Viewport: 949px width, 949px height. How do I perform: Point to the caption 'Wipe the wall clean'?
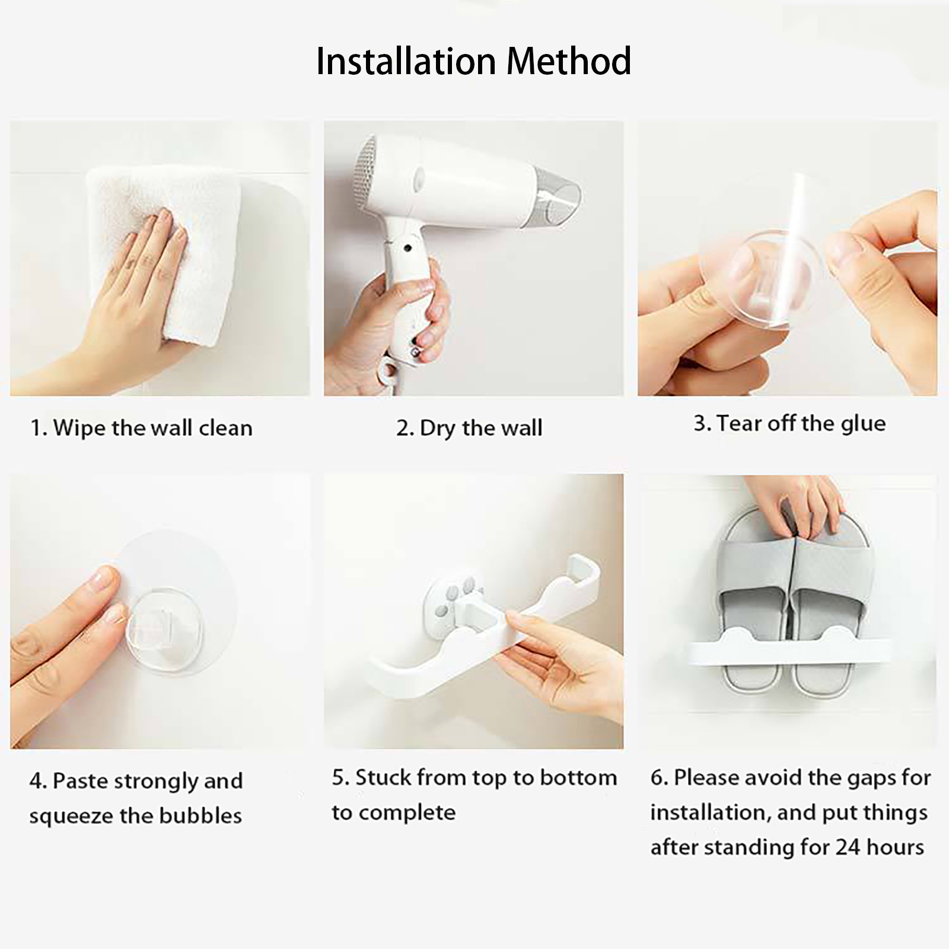point(154,428)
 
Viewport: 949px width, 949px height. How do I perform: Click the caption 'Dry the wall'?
point(481,428)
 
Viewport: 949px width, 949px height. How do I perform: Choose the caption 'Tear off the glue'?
point(801,423)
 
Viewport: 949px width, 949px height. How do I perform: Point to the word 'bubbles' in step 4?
point(200,816)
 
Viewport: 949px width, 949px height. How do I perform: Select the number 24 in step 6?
point(849,848)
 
